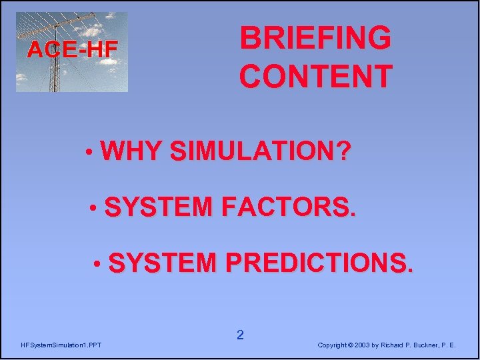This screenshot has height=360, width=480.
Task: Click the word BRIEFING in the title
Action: pyautogui.click(x=316, y=38)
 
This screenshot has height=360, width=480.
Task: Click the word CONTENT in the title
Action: pyautogui.click(x=316, y=76)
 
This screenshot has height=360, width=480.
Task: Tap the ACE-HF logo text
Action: pyautogui.click(x=72, y=49)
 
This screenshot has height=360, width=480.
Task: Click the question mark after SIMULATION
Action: pyautogui.click(x=342, y=152)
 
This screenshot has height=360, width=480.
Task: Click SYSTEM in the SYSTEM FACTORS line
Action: pyautogui.click(x=157, y=208)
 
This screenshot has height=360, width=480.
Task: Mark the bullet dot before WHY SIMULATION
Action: pyautogui.click(x=89, y=153)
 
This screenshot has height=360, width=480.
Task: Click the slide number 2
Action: pyautogui.click(x=240, y=335)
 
